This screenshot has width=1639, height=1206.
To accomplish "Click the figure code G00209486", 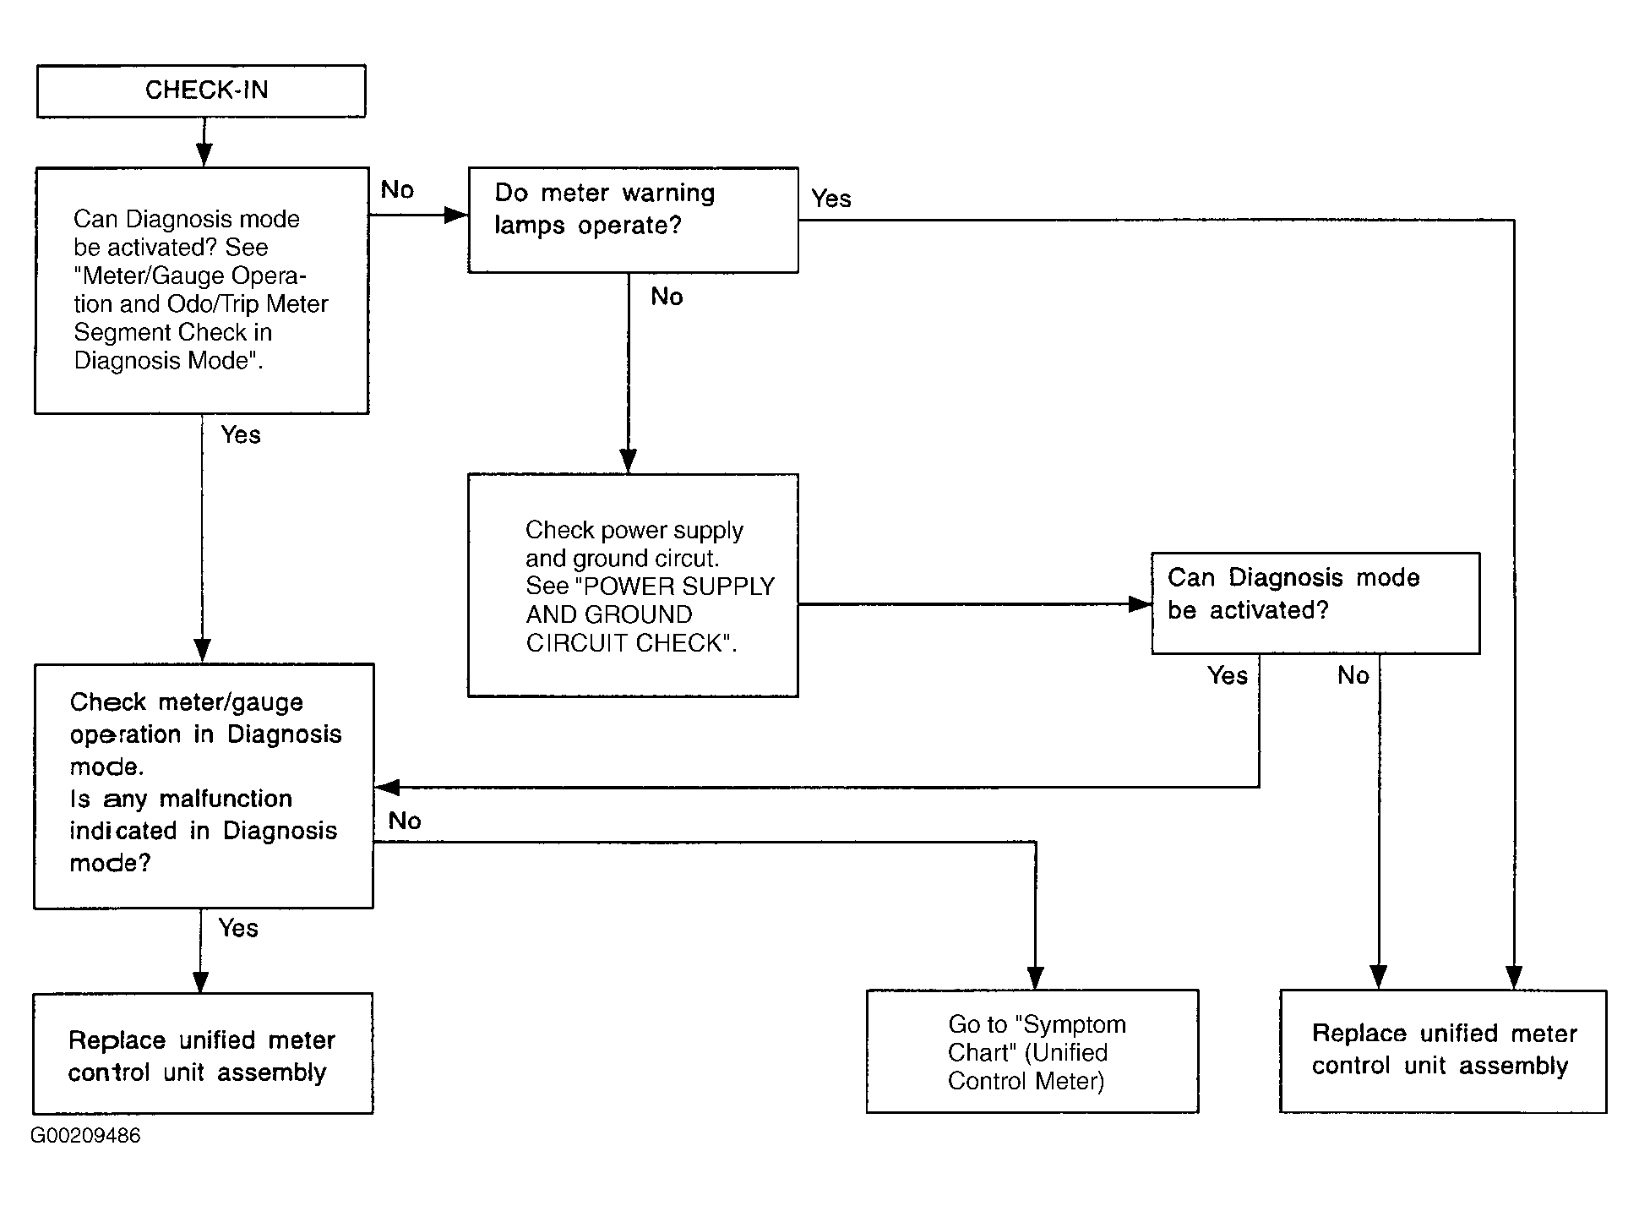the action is point(85,1135).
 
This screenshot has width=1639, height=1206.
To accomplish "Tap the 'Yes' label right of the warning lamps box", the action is point(831,199).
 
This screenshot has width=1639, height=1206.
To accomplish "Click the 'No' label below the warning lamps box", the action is point(667,297).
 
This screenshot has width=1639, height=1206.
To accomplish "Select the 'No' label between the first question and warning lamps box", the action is point(397,189).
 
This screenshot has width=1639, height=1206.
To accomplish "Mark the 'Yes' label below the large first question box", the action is point(241,434).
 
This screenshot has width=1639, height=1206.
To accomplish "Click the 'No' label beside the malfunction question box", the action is point(405,821).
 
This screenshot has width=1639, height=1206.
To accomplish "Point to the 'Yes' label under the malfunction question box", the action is point(238,928).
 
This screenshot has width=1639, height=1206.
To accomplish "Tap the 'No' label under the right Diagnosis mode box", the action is point(1353,675).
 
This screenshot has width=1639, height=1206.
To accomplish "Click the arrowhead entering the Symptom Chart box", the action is point(1035,978).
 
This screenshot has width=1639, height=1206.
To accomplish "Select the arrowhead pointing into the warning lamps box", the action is point(456,215).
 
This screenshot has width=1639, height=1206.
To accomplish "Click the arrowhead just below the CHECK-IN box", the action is point(204,155).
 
